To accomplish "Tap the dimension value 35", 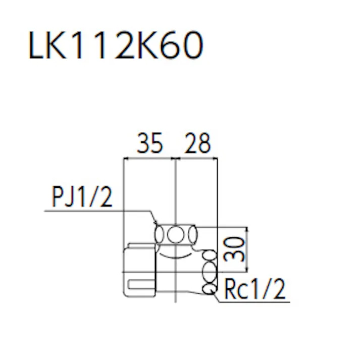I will tap(150, 144).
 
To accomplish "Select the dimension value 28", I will tap(197, 144).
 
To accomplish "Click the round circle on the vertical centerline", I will tap(175, 235).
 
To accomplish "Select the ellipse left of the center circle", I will tap(160, 235).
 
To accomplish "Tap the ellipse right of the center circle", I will tap(192, 235).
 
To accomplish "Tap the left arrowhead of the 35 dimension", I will tap(126, 159).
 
